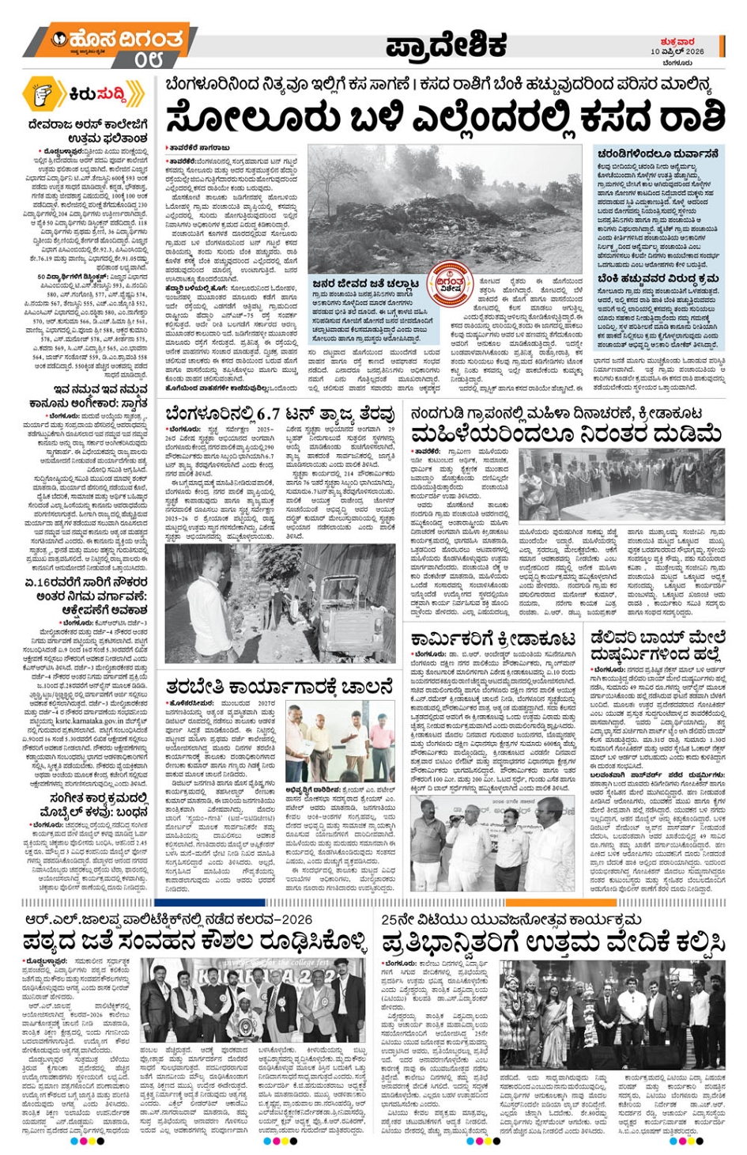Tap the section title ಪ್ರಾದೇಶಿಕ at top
447,47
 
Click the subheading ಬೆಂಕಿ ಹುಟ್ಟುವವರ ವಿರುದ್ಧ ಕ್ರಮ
658,278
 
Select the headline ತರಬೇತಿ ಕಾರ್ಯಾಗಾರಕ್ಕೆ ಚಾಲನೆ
279,687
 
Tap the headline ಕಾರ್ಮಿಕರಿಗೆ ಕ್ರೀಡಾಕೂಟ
494,639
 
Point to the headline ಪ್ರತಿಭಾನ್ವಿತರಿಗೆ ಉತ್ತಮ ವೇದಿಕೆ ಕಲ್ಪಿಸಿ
553,943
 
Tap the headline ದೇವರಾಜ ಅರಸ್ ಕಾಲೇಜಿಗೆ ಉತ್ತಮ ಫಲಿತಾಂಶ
85,131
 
